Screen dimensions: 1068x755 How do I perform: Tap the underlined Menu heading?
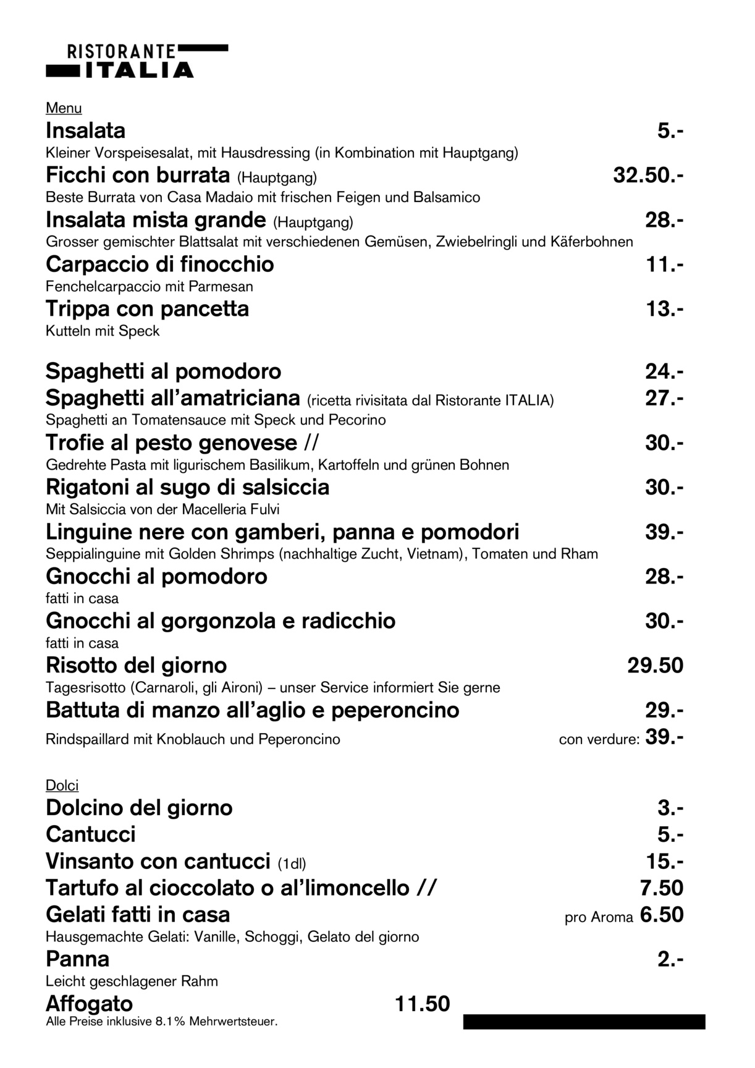[x=64, y=108]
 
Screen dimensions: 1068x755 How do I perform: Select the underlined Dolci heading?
[x=62, y=786]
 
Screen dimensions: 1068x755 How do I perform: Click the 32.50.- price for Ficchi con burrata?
[x=647, y=176]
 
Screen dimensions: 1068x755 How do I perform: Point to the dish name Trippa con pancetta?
[x=147, y=308]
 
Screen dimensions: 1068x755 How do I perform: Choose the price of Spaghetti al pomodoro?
[x=664, y=371]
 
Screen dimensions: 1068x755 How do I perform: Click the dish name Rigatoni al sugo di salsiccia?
[x=187, y=487]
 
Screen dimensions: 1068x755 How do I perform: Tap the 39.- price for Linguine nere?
[x=664, y=532]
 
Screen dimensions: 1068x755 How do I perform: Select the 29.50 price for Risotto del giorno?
[x=655, y=666]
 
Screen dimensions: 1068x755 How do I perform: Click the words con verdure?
[x=598, y=739]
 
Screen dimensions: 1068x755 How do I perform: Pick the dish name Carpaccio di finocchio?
[x=159, y=265]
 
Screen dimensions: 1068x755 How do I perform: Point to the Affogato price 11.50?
[x=422, y=1004]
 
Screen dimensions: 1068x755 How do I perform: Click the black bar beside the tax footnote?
[x=584, y=1022]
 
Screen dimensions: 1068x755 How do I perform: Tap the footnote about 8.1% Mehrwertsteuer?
[x=161, y=1022]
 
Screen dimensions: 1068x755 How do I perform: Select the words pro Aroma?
[x=598, y=918]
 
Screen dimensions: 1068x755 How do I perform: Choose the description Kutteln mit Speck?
[x=103, y=331]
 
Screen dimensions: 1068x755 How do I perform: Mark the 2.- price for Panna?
[x=670, y=959]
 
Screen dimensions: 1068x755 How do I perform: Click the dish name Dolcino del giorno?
[x=139, y=808]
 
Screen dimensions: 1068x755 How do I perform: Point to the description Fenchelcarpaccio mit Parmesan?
[x=149, y=287]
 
